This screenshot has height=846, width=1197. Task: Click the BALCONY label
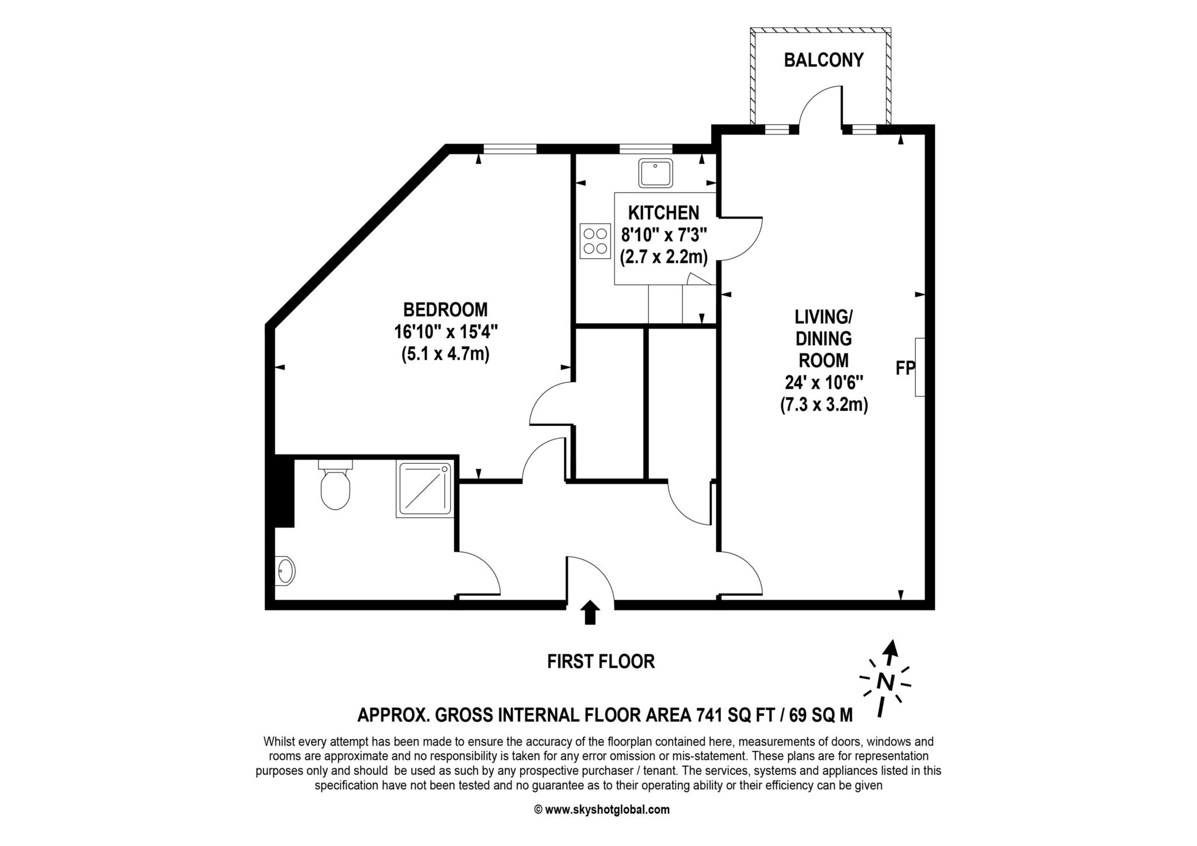coord(824,60)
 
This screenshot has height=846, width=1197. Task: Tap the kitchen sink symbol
coord(656,173)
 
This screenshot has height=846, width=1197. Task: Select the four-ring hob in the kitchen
coord(594,241)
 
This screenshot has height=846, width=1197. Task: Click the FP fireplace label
coord(905,368)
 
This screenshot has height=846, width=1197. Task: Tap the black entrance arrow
coord(590,612)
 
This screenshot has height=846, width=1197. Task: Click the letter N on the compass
coord(886,682)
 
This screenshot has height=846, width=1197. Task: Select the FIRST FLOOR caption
coord(601,661)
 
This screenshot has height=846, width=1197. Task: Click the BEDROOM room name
coord(445,309)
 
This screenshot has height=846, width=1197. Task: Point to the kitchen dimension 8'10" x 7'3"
coord(664,235)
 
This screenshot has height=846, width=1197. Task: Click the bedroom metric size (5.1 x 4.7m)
coord(445,354)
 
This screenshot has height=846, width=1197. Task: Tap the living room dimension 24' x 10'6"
coord(824,382)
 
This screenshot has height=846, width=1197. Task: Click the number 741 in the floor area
coord(711,715)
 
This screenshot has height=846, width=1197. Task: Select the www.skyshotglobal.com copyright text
coord(602,810)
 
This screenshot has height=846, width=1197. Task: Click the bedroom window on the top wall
coord(510,149)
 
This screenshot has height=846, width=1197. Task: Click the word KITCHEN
coord(664,213)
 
